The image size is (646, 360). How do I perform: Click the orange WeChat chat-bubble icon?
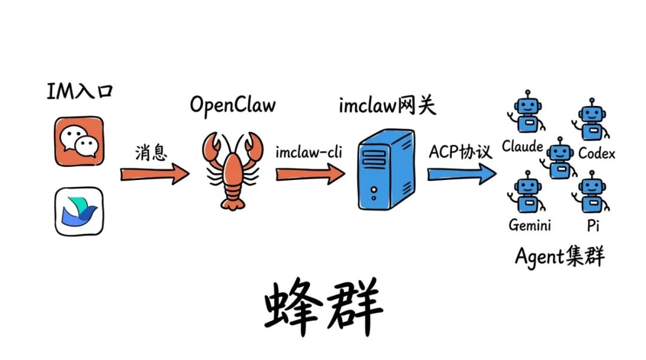click(79, 141)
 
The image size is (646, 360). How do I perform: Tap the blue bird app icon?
click(79, 210)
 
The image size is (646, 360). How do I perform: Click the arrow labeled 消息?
click(154, 174)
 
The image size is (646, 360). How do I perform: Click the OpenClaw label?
click(233, 105)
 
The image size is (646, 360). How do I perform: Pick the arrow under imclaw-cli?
click(310, 174)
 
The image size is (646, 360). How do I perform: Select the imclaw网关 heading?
click(388, 106)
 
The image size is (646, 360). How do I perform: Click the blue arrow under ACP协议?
click(461, 174)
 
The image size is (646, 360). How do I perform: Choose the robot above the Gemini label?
click(526, 193)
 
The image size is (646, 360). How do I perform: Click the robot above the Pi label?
click(592, 193)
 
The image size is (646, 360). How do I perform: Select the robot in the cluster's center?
click(560, 157)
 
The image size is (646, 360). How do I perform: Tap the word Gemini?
click(529, 225)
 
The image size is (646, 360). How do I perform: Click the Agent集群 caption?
click(559, 257)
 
